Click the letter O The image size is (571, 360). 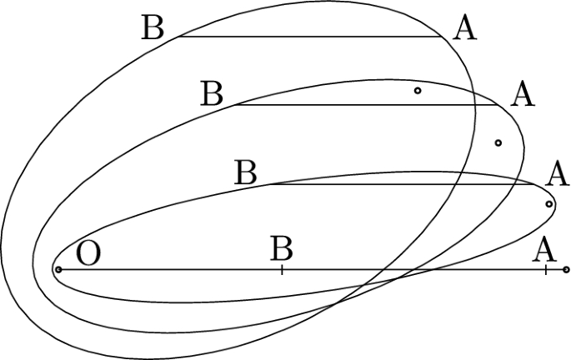[x=88, y=253]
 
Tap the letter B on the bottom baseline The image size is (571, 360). [x=282, y=248]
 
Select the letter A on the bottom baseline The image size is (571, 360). [x=544, y=248]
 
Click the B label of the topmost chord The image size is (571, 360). [x=153, y=27]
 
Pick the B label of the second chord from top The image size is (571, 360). [x=213, y=93]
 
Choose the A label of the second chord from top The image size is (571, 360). [x=522, y=93]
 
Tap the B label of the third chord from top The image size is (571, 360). [x=246, y=174]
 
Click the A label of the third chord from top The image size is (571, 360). [x=556, y=175]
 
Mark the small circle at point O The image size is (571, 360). [x=58, y=269]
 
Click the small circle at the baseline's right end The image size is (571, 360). [x=566, y=269]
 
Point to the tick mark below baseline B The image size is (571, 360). [x=282, y=271]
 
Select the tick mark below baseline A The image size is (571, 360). [x=545, y=271]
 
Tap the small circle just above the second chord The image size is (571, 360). [x=418, y=90]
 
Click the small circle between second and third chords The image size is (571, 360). [x=498, y=143]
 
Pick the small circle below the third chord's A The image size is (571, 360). [x=548, y=204]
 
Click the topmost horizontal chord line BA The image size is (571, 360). [x=308, y=37]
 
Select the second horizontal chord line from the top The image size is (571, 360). [x=367, y=105]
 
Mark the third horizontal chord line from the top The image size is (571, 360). [x=400, y=184]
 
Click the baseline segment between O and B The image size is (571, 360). [x=167, y=269]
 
